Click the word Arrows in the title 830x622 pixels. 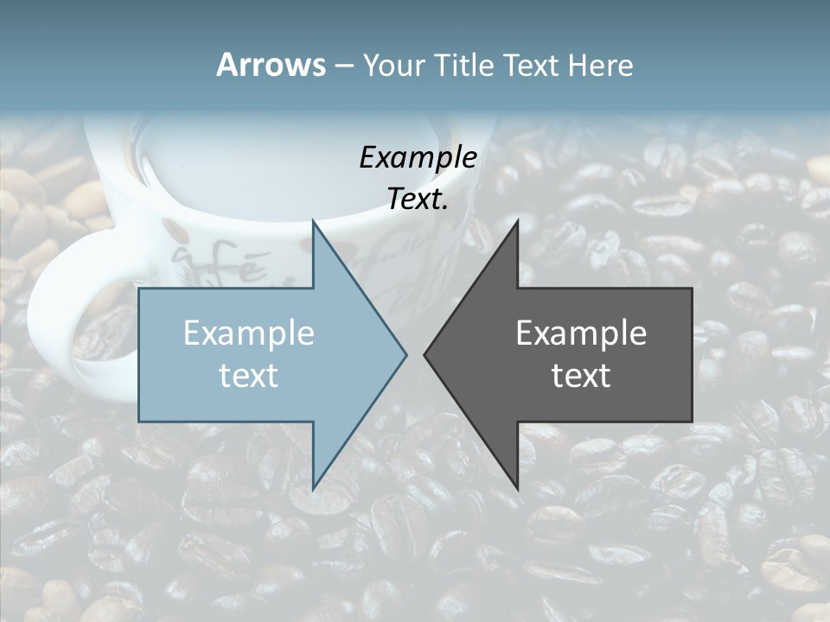click(271, 65)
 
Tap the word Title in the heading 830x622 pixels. click(463, 66)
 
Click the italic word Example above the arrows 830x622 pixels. click(418, 157)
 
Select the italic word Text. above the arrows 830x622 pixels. click(418, 199)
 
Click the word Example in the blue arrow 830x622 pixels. click(249, 333)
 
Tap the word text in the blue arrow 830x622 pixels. click(249, 375)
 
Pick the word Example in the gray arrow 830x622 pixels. click(581, 333)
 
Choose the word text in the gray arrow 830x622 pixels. click(581, 375)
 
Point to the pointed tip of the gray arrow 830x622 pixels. click(425, 354)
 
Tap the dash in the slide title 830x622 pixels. click(343, 66)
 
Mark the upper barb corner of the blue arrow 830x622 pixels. click(313, 221)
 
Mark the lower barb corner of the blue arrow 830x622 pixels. click(313, 488)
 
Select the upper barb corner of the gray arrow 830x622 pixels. click(517, 221)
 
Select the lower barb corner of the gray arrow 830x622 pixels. click(517, 488)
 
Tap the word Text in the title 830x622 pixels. click(532, 66)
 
